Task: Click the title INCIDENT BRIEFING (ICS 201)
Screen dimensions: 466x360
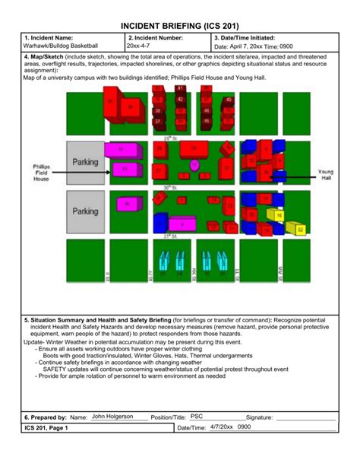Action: pyautogui.click(x=179, y=25)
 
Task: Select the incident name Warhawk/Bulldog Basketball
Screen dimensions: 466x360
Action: pyautogui.click(x=61, y=46)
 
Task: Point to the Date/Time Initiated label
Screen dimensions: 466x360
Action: pyautogui.click(x=245, y=37)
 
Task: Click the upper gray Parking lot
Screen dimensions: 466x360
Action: pyautogui.click(x=85, y=162)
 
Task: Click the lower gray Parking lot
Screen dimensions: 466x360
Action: pyautogui.click(x=85, y=211)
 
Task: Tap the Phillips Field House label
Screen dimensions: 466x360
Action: pyautogui.click(x=41, y=173)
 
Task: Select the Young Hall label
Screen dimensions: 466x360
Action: pyautogui.click(x=325, y=175)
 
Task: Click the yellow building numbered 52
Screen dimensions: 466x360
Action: pyautogui.click(x=299, y=228)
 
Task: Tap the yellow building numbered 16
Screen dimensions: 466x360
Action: pyautogui.click(x=279, y=216)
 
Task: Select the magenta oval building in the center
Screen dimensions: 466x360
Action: pyautogui.click(x=194, y=164)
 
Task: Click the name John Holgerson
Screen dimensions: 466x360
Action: pyautogui.click(x=112, y=417)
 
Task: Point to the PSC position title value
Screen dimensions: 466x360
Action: pyautogui.click(x=197, y=417)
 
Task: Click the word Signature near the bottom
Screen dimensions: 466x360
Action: pyautogui.click(x=259, y=417)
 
